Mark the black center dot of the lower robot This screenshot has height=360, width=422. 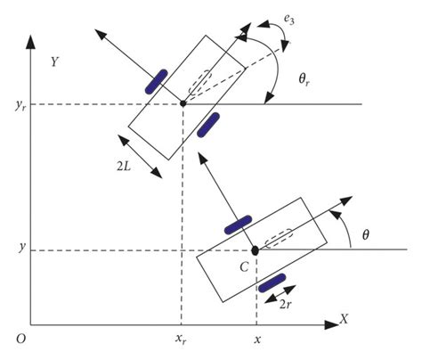256,250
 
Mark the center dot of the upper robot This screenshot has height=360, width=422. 183,103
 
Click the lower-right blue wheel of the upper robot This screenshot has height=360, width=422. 209,125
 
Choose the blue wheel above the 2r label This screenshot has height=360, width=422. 272,283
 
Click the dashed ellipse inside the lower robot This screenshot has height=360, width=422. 279,240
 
